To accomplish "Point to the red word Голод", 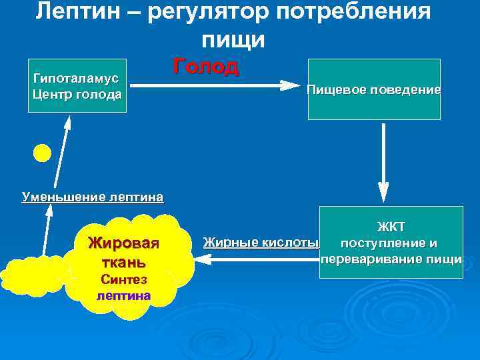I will pyautogui.click(x=206, y=67).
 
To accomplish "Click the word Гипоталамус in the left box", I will pyautogui.click(x=76, y=78).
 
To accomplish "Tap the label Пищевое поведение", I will pyautogui.click(x=373, y=89).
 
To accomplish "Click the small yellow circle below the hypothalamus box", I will pyautogui.click(x=42, y=153).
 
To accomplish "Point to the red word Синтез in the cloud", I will pyautogui.click(x=124, y=279).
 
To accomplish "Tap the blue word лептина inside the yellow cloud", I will pyautogui.click(x=124, y=295).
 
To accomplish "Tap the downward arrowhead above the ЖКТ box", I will pyautogui.click(x=383, y=193).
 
